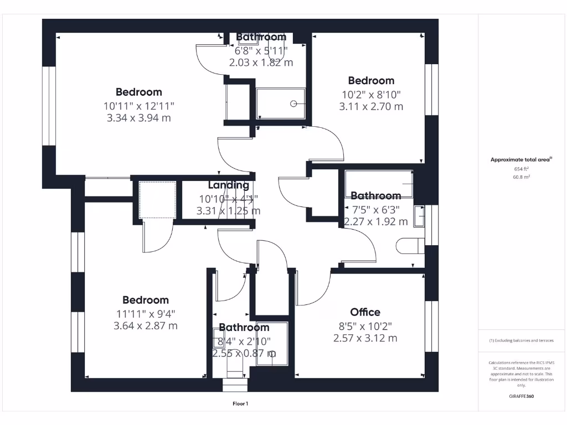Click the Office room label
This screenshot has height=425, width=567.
tap(365, 312)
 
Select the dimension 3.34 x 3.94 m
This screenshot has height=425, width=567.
tap(138, 117)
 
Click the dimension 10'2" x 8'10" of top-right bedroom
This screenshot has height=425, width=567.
tap(371, 94)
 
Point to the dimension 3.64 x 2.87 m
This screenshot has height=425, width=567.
tap(146, 326)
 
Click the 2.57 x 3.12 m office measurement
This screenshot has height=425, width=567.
tap(365, 338)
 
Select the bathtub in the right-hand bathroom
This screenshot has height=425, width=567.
tap(379, 184)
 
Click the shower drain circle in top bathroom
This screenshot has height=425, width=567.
tap(294, 103)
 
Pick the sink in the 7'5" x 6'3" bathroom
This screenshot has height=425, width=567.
tap(419, 216)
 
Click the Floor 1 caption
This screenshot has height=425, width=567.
tap(240, 404)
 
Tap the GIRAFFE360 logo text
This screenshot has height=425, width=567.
tap(522, 396)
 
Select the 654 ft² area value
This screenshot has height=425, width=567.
tap(522, 169)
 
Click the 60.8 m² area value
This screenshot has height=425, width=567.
tap(522, 177)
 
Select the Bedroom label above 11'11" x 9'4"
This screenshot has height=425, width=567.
tap(146, 300)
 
